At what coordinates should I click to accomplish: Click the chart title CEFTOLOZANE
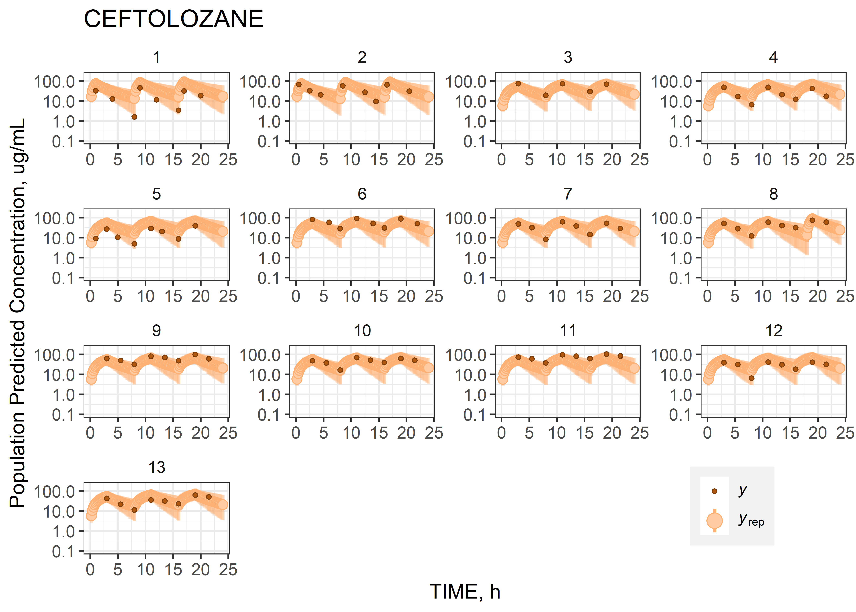click(x=173, y=19)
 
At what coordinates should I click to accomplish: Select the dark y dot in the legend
click(x=714, y=491)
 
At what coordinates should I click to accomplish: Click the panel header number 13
click(x=157, y=468)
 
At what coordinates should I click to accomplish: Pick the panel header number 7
click(x=568, y=194)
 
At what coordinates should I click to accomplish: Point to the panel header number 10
click(x=362, y=331)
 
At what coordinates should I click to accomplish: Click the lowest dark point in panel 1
click(x=134, y=117)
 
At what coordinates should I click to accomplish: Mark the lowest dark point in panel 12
click(x=751, y=378)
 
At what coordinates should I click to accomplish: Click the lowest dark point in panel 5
click(x=134, y=244)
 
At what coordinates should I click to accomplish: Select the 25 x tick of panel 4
click(x=845, y=160)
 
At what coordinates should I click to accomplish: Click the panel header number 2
click(x=362, y=57)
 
